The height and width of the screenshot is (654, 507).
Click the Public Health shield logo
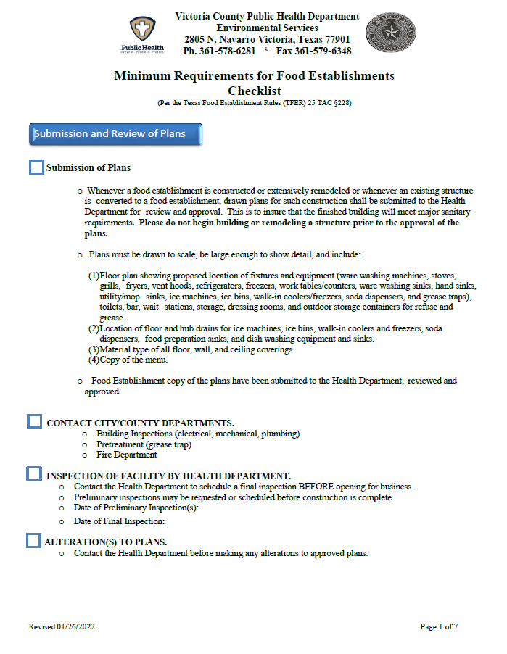(142, 30)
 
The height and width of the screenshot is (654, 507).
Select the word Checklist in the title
(254, 91)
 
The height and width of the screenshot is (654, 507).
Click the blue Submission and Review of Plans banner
(115, 134)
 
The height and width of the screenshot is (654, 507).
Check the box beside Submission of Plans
(36, 167)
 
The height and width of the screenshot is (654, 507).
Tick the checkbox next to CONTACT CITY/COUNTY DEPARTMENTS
(34, 421)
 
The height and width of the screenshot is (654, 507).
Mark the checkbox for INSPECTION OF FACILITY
(34, 474)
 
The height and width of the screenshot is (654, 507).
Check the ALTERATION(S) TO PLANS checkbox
(33, 540)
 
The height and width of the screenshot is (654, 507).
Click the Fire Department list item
(126, 455)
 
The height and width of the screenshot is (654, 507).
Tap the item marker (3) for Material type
(94, 349)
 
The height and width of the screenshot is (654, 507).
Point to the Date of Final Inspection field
(120, 521)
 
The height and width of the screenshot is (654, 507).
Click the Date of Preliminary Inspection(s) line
(136, 508)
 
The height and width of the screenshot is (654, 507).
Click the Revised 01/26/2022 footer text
(62, 626)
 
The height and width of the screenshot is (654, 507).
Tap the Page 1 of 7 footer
(439, 626)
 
